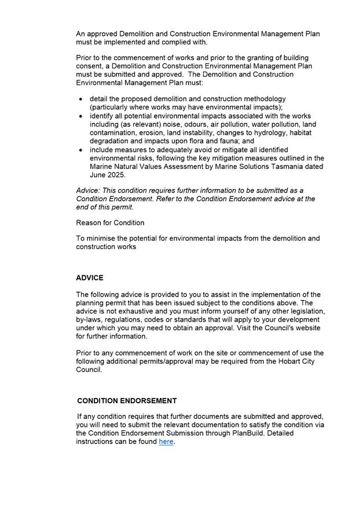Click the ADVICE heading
[90, 278]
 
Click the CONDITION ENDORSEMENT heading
[127, 401]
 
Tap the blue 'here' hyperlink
[166, 442]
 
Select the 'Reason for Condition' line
[110, 223]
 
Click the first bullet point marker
[80, 99]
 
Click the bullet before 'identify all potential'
[80, 117]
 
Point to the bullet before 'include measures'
[80, 150]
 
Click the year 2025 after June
[116, 175]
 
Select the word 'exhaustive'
[138, 312]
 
